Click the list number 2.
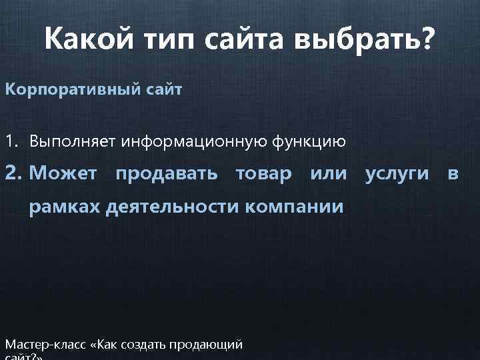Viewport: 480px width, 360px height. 13,174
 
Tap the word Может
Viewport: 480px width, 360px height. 64,174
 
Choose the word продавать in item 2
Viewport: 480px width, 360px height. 166,174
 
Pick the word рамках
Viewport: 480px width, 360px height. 63,207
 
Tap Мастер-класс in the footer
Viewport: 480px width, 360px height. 47,345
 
